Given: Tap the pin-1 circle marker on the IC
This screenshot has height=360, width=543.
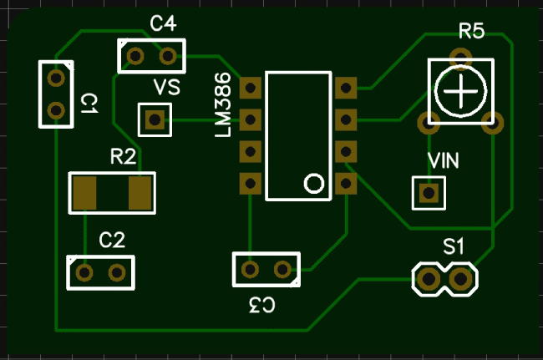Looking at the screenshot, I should click(314, 183).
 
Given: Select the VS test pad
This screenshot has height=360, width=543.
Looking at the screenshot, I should click(154, 120).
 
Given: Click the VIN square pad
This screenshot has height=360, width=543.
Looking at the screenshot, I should click(429, 193).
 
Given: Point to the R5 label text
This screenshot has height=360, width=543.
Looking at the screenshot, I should click(471, 32).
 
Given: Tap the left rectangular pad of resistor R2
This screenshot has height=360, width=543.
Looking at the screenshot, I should click(85, 193).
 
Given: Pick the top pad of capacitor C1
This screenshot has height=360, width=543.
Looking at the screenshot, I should click(56, 79).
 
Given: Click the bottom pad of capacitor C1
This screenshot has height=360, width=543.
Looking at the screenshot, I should click(56, 109).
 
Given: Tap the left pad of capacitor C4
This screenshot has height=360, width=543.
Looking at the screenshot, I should click(134, 56).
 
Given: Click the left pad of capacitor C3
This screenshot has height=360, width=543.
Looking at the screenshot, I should click(250, 269).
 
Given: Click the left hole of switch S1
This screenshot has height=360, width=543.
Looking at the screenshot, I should click(428, 279).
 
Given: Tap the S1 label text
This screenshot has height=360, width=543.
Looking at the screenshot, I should click(454, 246).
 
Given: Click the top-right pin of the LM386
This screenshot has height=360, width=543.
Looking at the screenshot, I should click(346, 87).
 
